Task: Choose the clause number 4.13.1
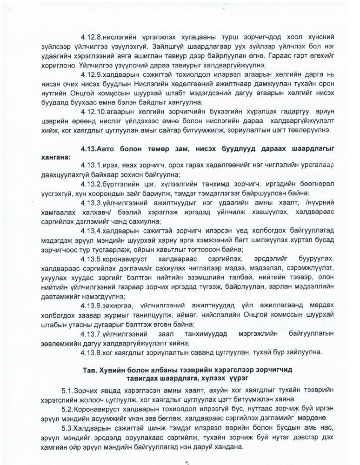tap(90, 166)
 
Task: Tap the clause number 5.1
tap(68, 391)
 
